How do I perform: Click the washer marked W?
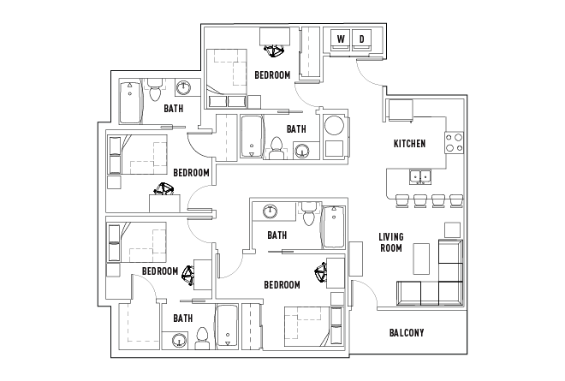(341, 39)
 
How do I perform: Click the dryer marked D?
(362, 39)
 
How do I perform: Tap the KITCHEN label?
(409, 144)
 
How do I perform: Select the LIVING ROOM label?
(391, 242)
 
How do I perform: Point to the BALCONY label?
(407, 333)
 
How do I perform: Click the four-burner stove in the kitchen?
(454, 143)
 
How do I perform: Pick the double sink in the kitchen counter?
(420, 177)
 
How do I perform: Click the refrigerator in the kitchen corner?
(400, 110)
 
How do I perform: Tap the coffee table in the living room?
(421, 259)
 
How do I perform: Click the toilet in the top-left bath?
(155, 90)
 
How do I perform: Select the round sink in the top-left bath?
(184, 87)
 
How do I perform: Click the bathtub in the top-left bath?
(130, 103)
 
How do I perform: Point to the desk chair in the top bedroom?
(274, 51)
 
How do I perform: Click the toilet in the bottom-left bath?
(203, 338)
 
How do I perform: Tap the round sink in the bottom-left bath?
(179, 340)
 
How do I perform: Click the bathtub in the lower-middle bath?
(333, 227)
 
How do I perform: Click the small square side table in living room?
(452, 229)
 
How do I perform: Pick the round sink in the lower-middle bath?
(270, 211)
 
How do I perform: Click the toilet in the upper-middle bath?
(277, 148)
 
